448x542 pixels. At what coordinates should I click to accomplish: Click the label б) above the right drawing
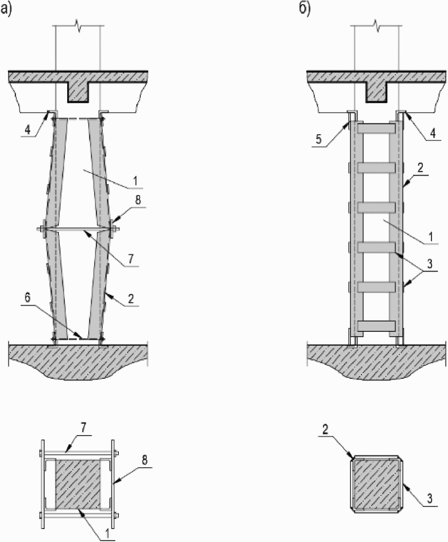pos(305,10)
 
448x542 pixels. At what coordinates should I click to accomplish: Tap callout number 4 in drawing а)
pos(27,130)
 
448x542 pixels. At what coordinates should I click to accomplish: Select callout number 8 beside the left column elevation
pos(137,200)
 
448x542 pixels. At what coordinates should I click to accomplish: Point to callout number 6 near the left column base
pos(28,298)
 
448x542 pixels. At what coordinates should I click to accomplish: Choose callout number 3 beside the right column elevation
pos(429,264)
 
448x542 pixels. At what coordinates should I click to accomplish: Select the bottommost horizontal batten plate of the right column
pos(376,326)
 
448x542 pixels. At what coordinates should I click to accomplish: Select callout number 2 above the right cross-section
pos(326,430)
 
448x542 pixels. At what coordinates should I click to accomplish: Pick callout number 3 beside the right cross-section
pos(429,499)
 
